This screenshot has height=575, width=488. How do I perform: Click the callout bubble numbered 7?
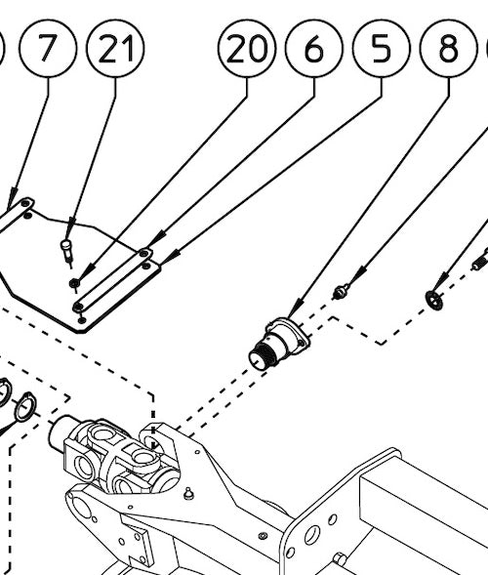[57, 48]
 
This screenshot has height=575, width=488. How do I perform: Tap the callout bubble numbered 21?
[115, 48]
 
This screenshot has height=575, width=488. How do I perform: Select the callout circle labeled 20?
[247, 48]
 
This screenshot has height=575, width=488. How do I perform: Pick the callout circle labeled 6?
[313, 48]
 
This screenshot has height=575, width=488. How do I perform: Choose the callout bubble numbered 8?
[447, 48]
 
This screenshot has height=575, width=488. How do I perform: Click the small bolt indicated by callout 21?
[66, 249]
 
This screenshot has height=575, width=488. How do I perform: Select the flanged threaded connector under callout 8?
[278, 343]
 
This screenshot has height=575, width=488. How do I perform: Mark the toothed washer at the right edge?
[434, 297]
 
